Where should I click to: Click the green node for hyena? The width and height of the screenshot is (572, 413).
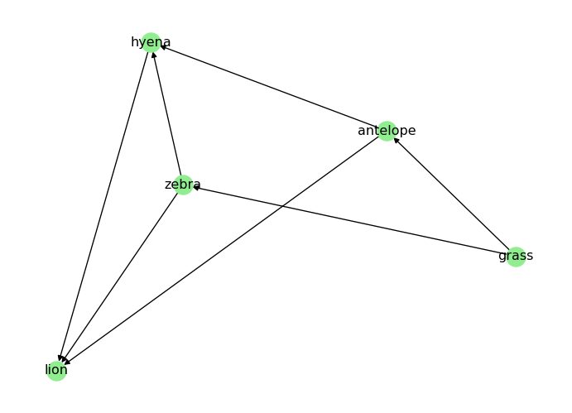click(x=151, y=42)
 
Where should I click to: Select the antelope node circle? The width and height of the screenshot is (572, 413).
click(x=387, y=131)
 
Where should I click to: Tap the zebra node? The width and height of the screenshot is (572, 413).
click(x=183, y=185)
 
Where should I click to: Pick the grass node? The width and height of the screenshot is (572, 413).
click(x=516, y=256)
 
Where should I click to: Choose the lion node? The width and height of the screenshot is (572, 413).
click(x=56, y=370)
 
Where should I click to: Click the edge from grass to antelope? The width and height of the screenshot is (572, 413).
click(x=451, y=194)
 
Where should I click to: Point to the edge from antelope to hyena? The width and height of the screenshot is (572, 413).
click(x=269, y=87)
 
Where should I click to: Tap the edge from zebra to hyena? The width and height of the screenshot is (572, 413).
click(x=167, y=113)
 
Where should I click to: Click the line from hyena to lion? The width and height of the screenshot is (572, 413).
click(x=103, y=206)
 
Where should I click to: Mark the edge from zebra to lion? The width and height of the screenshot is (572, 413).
click(x=120, y=277)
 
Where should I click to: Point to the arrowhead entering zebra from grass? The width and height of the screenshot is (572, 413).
click(x=196, y=188)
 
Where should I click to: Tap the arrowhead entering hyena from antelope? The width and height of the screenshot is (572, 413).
click(x=164, y=47)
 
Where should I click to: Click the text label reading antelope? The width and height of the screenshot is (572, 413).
click(x=387, y=131)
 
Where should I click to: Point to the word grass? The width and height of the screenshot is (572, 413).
click(x=516, y=256)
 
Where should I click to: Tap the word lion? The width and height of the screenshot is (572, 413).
click(x=56, y=370)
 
